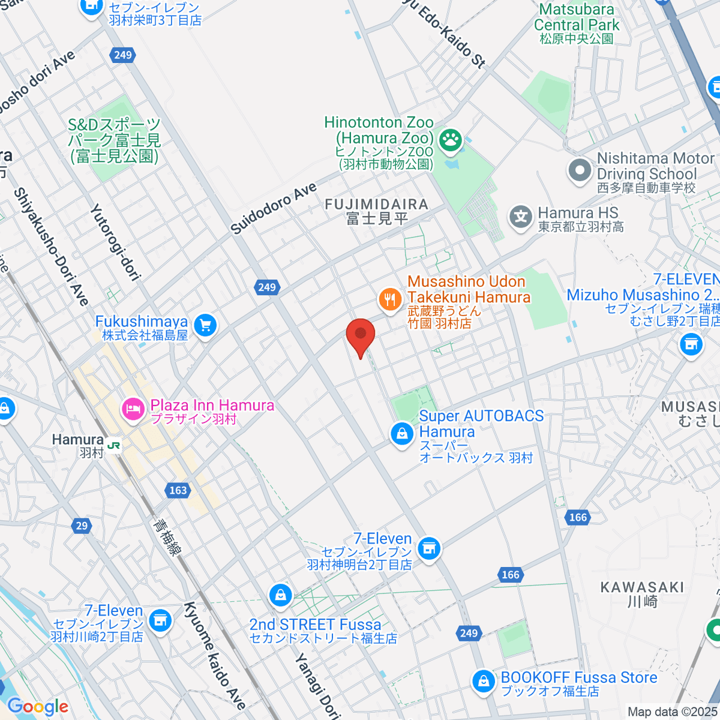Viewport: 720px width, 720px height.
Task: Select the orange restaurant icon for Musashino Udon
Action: [x=390, y=299]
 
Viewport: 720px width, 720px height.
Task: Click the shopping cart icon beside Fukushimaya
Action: [x=205, y=326]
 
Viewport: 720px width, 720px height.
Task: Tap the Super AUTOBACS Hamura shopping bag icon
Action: [x=402, y=433]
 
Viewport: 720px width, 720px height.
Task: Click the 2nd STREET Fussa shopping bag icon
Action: [x=280, y=595]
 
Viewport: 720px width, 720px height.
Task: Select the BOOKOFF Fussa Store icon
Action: [x=483, y=681]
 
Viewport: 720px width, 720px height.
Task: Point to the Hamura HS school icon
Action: [x=521, y=217]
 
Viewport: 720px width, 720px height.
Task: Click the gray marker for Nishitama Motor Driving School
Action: [x=580, y=170]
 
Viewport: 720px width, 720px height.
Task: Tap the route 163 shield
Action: [x=178, y=490]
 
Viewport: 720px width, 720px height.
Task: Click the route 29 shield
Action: [x=82, y=526]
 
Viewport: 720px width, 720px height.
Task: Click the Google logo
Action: [x=37, y=706]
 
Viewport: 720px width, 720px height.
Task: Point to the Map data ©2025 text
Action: [x=672, y=712]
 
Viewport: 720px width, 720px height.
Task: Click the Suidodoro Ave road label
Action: [x=274, y=209]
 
